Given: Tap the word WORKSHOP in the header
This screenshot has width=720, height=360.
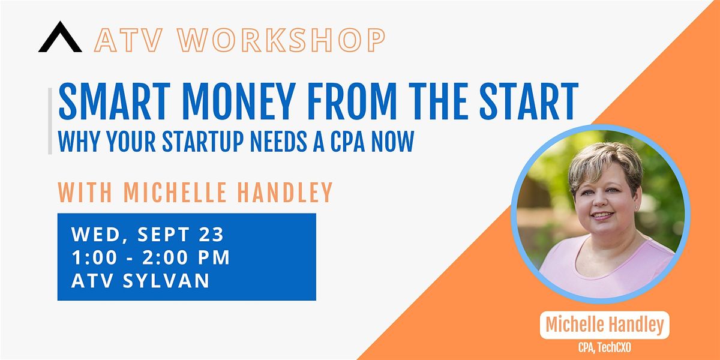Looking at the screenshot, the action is [281, 40].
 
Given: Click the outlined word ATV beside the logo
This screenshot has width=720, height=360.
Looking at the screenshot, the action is [128, 40].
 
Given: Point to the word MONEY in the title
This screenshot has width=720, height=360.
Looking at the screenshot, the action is [239, 101].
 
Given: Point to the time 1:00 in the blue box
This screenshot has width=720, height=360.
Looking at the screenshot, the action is [94, 257].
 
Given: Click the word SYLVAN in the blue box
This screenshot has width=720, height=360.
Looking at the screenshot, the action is [166, 280].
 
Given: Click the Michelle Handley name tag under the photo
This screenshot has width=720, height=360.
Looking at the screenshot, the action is [605, 325].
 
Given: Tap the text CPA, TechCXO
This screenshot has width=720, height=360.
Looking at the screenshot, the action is [605, 347].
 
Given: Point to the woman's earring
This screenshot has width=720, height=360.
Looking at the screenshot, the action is [636, 208].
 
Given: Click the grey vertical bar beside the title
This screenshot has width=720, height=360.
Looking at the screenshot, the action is [50, 121].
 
